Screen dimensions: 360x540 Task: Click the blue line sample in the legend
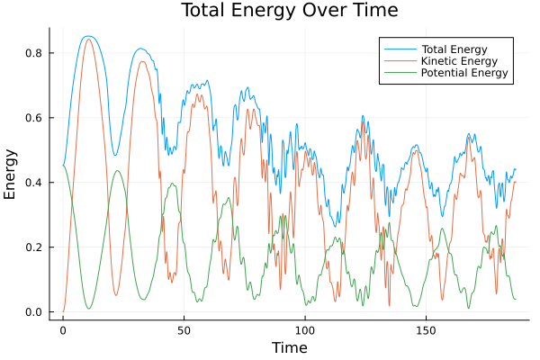[397, 47]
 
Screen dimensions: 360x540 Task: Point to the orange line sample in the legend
[397, 59]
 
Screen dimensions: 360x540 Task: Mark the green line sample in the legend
[397, 72]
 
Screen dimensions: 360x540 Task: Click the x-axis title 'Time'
[289, 347]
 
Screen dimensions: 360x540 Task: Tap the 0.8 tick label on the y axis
[33, 53]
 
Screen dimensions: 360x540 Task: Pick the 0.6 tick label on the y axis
[33, 118]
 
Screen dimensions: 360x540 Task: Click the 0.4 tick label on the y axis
[33, 183]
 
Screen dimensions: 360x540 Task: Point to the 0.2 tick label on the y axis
[33, 247]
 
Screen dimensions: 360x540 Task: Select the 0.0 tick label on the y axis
[33, 312]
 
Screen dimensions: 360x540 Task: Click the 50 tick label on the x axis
[184, 329]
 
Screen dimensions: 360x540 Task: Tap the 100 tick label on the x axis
[305, 329]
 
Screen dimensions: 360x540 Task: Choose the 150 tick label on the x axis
[427, 329]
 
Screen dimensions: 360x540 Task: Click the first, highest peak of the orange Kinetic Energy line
[88, 39]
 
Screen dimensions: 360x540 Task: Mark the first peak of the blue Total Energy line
[87, 36]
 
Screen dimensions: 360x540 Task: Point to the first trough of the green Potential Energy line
[88, 309]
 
